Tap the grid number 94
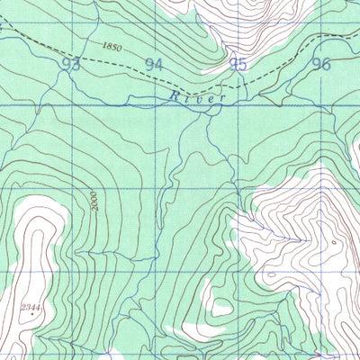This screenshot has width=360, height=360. (155, 64)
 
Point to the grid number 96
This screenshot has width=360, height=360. (320, 63)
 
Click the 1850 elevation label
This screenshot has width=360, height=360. (112, 46)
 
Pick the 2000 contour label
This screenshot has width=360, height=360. (94, 200)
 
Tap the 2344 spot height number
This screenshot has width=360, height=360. (32, 308)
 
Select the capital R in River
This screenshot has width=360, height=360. (173, 94)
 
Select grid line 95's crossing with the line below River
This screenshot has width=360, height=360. (238, 106)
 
